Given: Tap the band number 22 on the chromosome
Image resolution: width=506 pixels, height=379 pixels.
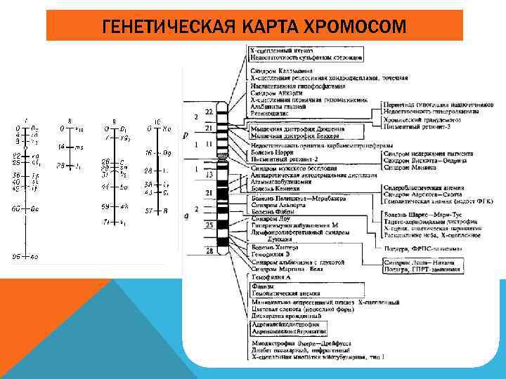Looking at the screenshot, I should pyautogui.click(x=208, y=112).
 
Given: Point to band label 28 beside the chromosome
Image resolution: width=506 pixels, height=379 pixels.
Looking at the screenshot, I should pyautogui.click(x=208, y=250).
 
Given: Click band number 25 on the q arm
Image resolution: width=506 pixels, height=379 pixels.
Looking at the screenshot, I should pyautogui.click(x=208, y=225).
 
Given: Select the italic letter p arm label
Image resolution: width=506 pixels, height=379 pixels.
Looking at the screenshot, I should pyautogui.click(x=185, y=135).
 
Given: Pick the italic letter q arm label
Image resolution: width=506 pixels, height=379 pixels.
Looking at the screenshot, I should pyautogui.click(x=185, y=216).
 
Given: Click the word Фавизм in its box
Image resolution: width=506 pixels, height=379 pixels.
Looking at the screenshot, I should pyautogui.click(x=264, y=286).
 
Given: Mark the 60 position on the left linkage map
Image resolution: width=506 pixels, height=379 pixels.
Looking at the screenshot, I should pyautogui.click(x=15, y=209).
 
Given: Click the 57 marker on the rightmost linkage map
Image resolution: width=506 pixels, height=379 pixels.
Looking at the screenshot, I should pyautogui.click(x=149, y=211).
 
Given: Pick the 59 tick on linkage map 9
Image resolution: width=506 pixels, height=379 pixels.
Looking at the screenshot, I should pyautogui.click(x=105, y=206).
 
